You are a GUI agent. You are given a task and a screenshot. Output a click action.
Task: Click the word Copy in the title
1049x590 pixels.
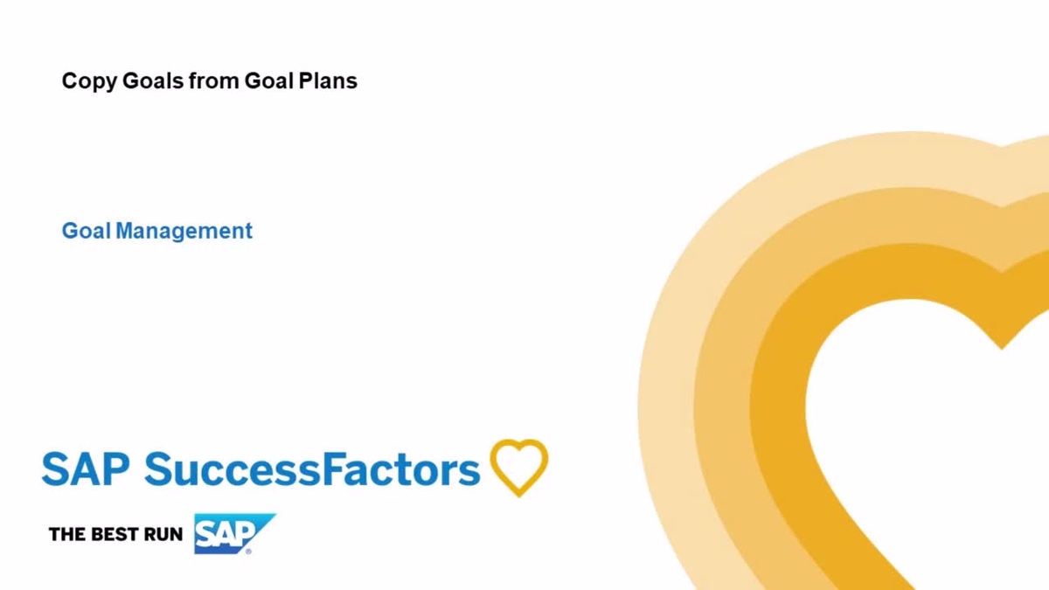[83, 82]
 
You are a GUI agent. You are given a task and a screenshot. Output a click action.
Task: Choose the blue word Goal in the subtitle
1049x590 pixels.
[86, 232]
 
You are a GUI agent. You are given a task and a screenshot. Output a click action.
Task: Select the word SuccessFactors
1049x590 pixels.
[312, 469]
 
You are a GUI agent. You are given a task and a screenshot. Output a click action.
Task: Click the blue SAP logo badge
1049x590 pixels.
[229, 532]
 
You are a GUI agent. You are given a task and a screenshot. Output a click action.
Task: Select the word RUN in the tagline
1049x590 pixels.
[163, 534]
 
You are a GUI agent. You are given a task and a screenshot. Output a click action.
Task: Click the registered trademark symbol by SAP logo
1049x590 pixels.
[248, 551]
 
